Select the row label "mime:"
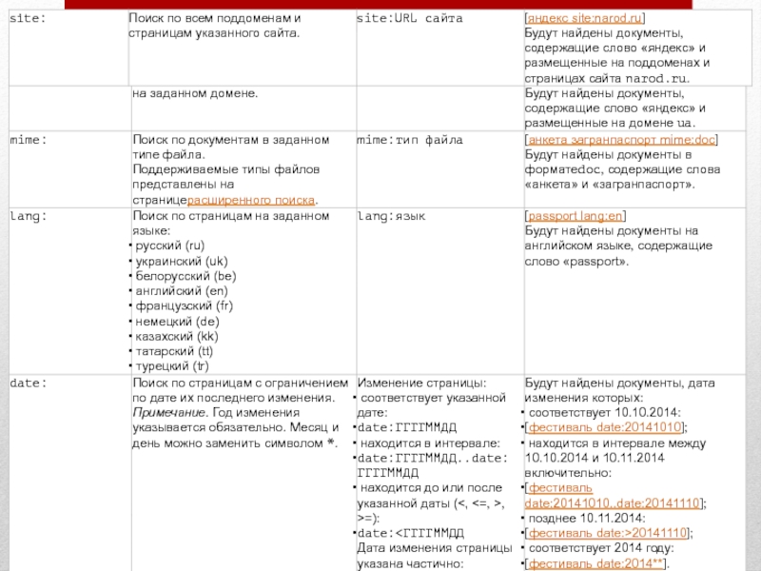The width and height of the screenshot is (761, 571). click(x=28, y=140)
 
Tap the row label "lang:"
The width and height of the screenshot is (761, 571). click(x=28, y=216)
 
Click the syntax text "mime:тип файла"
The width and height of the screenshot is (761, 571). click(x=409, y=140)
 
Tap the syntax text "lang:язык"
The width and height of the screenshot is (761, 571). click(x=390, y=216)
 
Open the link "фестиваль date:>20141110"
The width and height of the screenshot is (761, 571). click(x=609, y=534)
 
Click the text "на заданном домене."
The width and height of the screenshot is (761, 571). click(x=195, y=93)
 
